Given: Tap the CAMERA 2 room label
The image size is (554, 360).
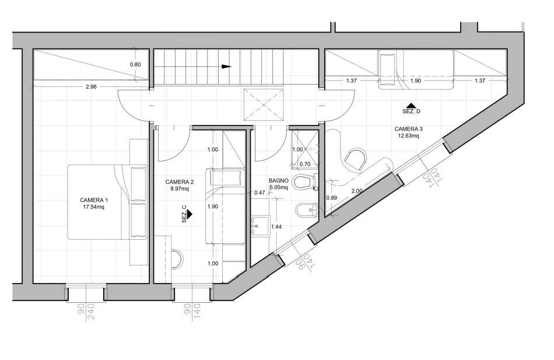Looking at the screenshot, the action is (x=180, y=182).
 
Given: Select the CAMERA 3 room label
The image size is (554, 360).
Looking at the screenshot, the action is (x=408, y=129).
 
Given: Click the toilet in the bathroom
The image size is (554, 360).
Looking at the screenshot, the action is (x=304, y=182).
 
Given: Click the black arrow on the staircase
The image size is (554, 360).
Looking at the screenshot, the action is (x=226, y=67).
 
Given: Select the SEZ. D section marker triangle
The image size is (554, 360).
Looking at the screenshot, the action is (x=411, y=106).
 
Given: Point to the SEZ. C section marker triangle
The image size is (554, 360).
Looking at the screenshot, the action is (x=190, y=214).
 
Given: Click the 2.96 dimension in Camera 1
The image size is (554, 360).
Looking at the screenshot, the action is (x=91, y=86).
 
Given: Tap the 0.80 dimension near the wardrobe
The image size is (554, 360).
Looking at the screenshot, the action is (x=135, y=64).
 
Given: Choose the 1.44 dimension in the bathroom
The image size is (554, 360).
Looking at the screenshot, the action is (x=276, y=227).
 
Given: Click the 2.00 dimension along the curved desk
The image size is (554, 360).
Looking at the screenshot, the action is (x=357, y=191).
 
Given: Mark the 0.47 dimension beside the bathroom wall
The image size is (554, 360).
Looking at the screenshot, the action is (x=260, y=193).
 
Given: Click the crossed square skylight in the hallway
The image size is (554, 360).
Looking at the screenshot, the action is (x=264, y=104).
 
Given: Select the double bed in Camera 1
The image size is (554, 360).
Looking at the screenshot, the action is (x=107, y=202).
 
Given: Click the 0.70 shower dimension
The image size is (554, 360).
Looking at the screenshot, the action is (x=304, y=164).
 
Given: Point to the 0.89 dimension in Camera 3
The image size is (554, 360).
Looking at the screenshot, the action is (x=331, y=198).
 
